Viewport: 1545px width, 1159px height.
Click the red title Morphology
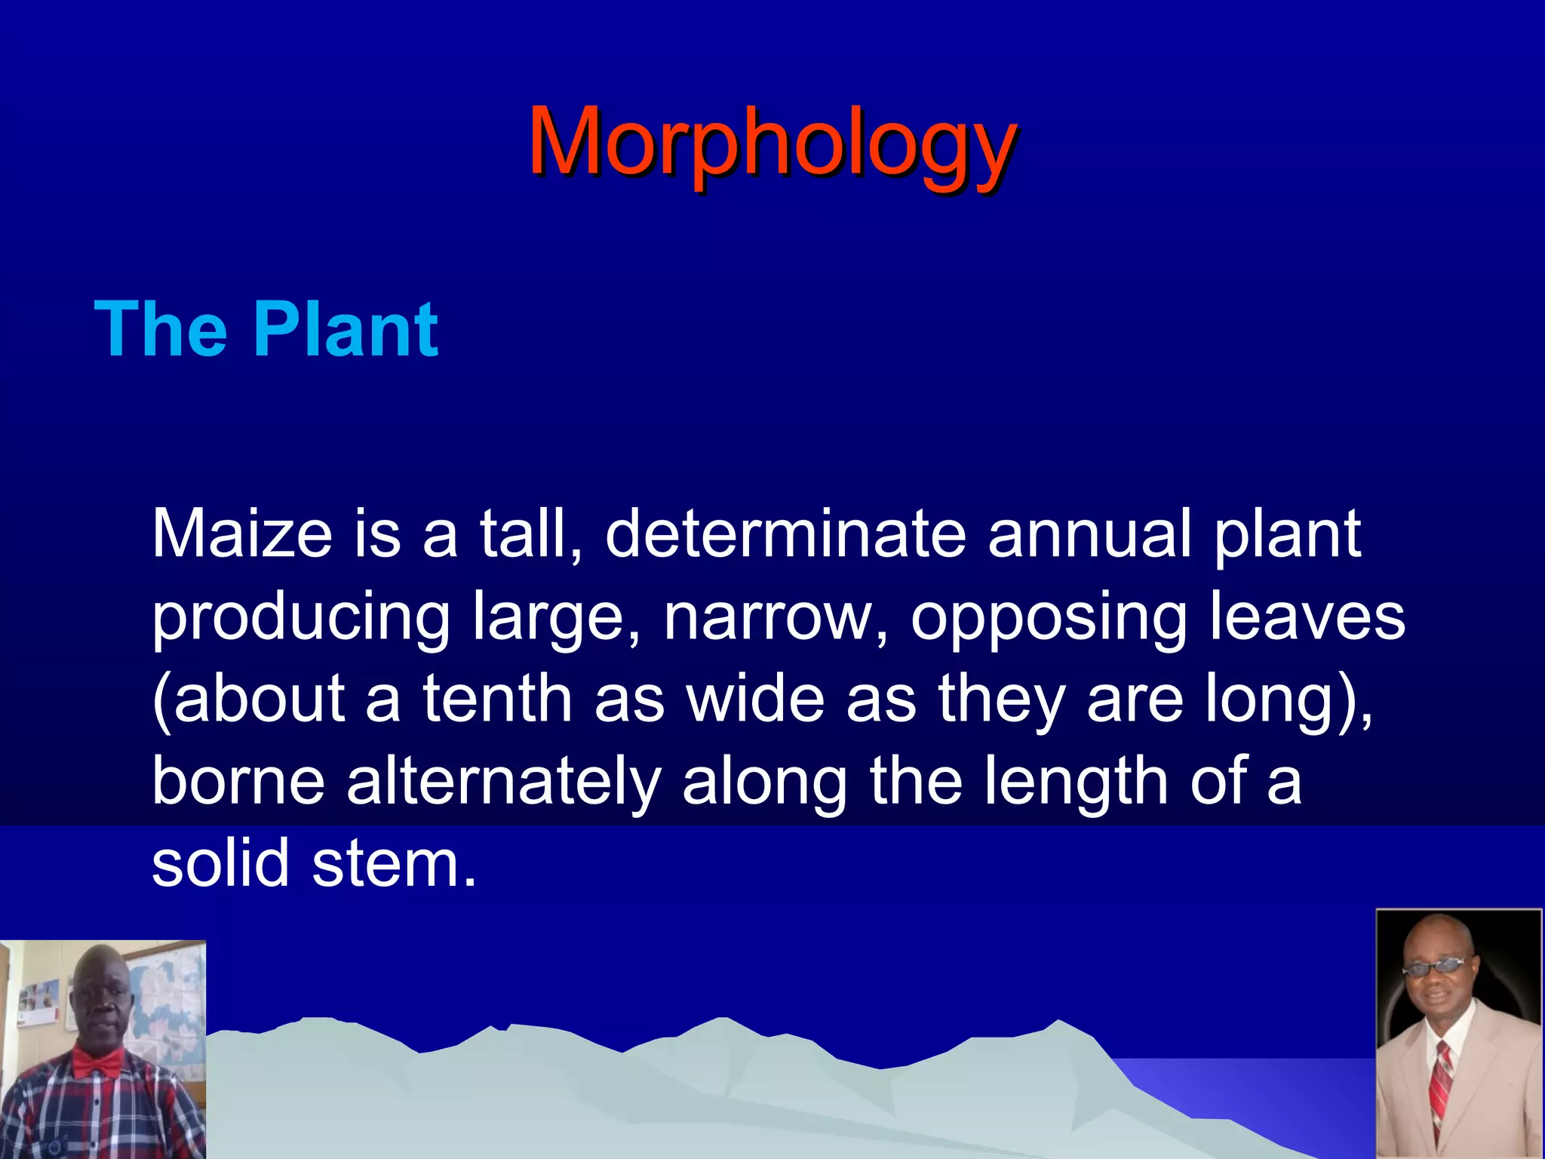pyautogui.click(x=772, y=143)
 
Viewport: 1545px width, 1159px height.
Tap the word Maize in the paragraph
pyautogui.click(x=242, y=533)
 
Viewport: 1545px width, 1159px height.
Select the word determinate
pyautogui.click(x=785, y=533)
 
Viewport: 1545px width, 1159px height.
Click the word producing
pyautogui.click(x=301, y=617)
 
